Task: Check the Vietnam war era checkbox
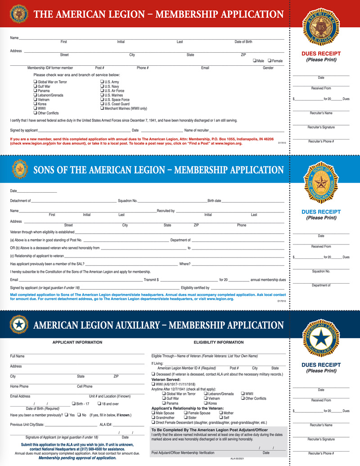[35, 100]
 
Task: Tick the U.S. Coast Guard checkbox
[102, 104]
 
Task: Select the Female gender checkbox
[270, 60]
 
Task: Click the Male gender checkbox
[254, 60]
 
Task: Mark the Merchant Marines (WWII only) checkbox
[102, 108]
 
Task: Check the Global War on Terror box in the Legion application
[35, 82]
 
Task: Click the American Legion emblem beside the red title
[19, 14]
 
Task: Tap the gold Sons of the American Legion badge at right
[321, 181]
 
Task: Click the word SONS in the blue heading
[46, 170]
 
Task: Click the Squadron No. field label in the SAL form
[127, 200]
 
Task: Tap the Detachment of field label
[20, 200]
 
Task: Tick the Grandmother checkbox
[153, 418]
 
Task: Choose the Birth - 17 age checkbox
[74, 403]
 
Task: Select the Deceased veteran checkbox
[153, 374]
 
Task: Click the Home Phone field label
[19, 386]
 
